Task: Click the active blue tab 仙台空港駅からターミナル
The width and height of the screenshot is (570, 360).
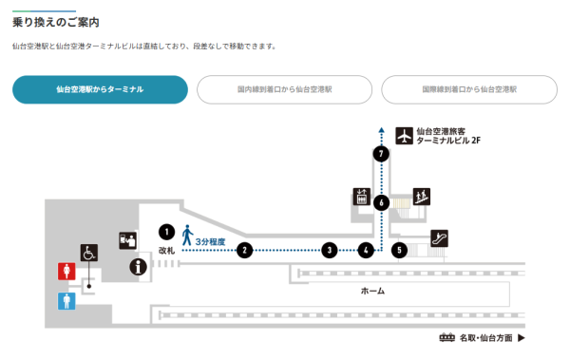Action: tap(100, 89)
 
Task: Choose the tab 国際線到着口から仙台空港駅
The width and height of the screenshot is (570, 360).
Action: tap(469, 89)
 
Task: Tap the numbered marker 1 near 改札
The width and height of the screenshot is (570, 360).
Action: tap(166, 231)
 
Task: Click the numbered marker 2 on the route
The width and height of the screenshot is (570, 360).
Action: tap(244, 251)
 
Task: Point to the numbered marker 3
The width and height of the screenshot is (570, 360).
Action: tap(329, 251)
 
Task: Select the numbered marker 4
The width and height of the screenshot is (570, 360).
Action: tap(366, 251)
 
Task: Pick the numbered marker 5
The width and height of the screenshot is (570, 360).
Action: tap(400, 251)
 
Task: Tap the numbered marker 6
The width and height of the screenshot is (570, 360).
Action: tap(380, 202)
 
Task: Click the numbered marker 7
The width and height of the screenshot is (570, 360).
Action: tap(380, 154)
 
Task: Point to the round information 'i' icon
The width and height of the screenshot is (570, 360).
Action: tap(140, 267)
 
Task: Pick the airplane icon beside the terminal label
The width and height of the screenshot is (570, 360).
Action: tap(405, 136)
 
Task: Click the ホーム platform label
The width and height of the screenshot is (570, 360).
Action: tap(372, 291)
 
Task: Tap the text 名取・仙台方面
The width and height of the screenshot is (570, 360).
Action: tap(485, 337)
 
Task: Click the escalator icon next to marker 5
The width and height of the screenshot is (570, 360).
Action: tap(439, 238)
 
